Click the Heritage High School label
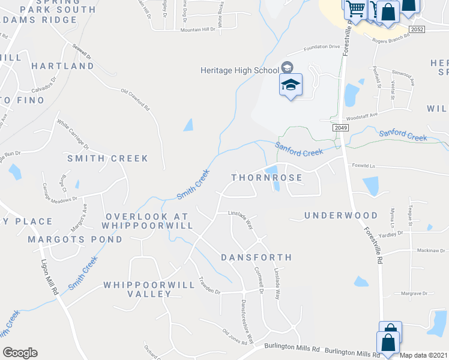240,70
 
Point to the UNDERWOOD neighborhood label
341,215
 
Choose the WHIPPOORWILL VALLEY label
149,289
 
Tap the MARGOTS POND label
75,239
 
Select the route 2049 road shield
340,128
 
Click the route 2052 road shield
417,29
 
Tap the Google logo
20,353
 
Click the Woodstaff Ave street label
364,115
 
